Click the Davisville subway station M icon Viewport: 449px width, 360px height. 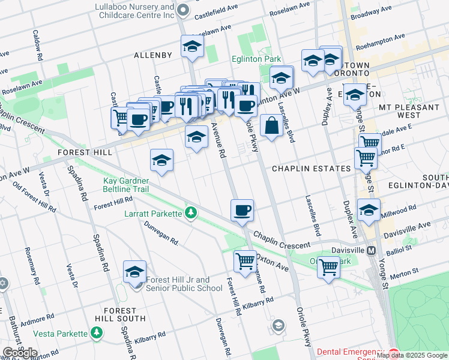pos(372,250)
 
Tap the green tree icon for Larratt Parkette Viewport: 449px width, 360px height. pos(191,213)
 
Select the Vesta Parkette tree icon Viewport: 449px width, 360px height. pos(97,332)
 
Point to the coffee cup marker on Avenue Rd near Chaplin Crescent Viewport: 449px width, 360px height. pos(243,211)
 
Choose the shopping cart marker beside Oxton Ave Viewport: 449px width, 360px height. pos(245,262)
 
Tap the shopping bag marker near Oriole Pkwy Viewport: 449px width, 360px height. pos(271,125)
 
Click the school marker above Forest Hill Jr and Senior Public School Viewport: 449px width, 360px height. pos(135,272)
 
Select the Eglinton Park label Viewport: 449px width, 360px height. pos(257,59)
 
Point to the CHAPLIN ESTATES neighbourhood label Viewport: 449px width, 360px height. pos(311,169)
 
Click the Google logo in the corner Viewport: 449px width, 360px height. pos(20,353)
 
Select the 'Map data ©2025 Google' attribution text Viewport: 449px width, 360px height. pos(412,355)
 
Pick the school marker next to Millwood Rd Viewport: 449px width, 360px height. pos(369,211)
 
